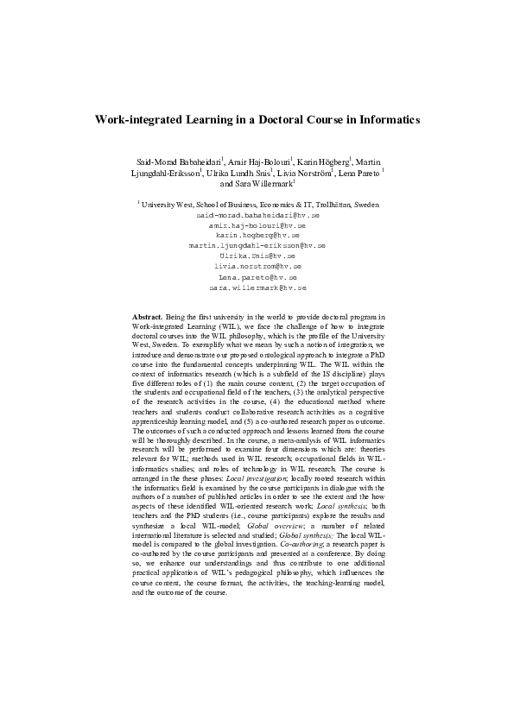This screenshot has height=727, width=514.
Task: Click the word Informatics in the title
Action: coord(384,121)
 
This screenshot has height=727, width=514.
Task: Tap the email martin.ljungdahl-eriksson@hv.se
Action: coord(257,246)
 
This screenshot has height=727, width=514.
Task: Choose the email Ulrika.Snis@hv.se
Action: coord(257,256)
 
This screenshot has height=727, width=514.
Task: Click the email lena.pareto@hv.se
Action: coord(257,278)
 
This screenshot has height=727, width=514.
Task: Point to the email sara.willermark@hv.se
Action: coord(257,288)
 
